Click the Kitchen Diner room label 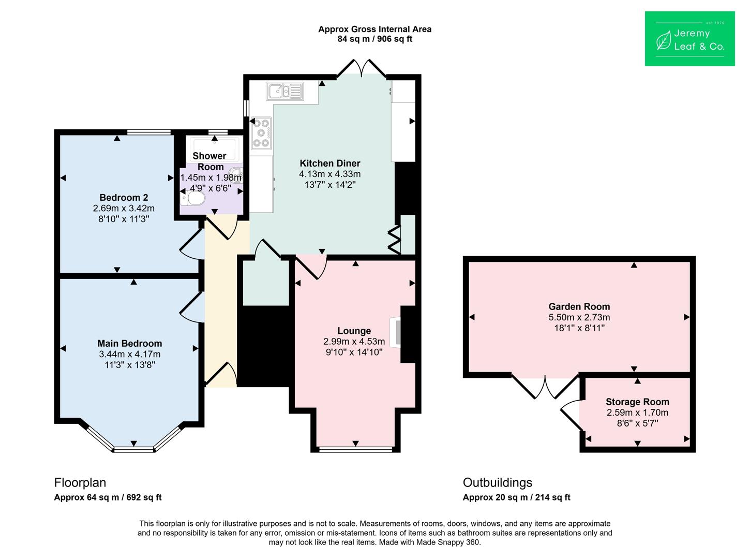click(x=329, y=163)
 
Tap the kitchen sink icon click(x=284, y=92)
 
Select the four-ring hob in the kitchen click(x=261, y=133)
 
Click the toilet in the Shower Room click(x=192, y=198)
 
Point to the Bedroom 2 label click(x=124, y=197)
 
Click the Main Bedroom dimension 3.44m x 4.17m click(x=129, y=354)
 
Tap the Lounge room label click(x=354, y=331)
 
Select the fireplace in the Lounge click(x=395, y=332)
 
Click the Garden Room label click(x=579, y=306)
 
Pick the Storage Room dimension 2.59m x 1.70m click(x=637, y=413)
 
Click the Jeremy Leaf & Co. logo click(x=690, y=39)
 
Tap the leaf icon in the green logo click(x=664, y=40)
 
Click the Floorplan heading click(x=80, y=482)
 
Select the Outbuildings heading click(x=498, y=482)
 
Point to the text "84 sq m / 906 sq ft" click(x=374, y=39)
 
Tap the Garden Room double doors click(x=545, y=387)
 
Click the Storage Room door click(x=572, y=416)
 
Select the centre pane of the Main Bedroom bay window click(x=134, y=449)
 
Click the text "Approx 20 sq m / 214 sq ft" click(x=516, y=497)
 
